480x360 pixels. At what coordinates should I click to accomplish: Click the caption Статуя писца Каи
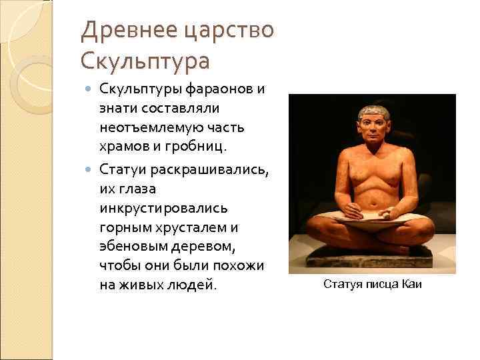click(x=372, y=285)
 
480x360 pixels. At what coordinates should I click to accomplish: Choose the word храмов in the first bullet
click(x=127, y=145)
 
